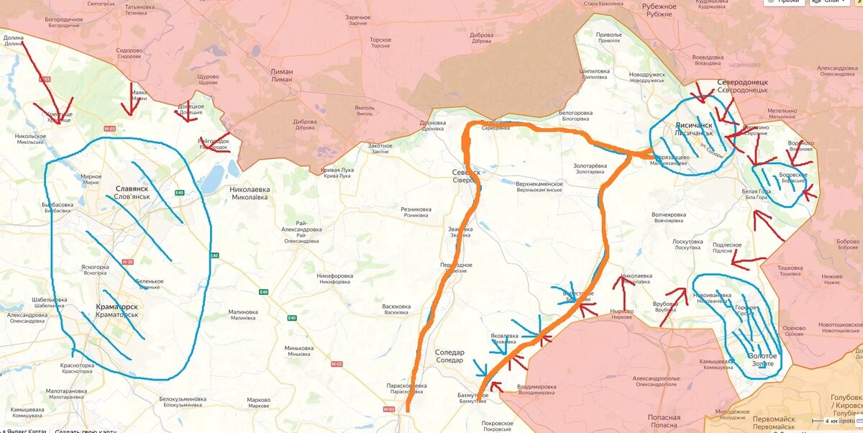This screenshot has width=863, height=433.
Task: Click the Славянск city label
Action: click(132, 188)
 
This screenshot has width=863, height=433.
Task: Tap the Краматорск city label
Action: click(117, 306)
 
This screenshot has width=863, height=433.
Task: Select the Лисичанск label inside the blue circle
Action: click(693, 124)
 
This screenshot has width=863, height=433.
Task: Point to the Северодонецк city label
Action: click(742, 82)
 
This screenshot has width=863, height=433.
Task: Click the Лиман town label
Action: click(281, 72)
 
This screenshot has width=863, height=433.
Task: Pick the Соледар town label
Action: click(449, 352)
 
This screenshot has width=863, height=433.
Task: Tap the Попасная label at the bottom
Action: click(663, 417)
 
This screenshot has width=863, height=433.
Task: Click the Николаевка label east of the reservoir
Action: click(250, 189)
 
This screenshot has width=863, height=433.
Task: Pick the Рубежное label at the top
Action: click(659, 6)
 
